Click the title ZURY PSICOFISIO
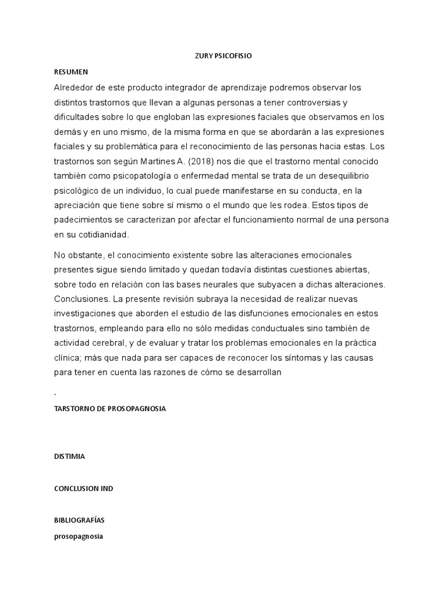pyautogui.click(x=223, y=57)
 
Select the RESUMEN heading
pyautogui.click(x=70, y=72)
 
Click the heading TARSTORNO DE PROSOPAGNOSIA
pyautogui.click(x=110, y=409)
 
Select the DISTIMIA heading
pyautogui.click(x=69, y=456)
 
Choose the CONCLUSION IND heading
pyautogui.click(x=83, y=489)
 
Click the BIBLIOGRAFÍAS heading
pyautogui.click(x=79, y=519)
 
